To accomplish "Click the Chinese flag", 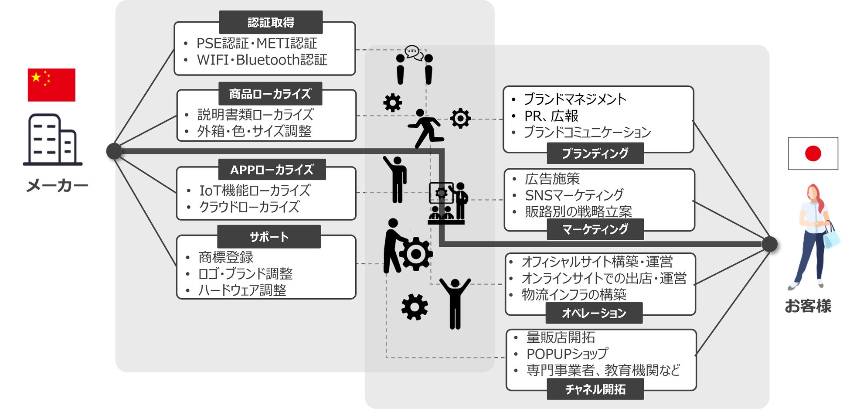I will [51, 85].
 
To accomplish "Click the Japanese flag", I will [813, 153].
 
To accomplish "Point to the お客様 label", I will [808, 306].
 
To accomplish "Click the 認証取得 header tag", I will [271, 22].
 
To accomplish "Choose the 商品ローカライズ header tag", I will [270, 94].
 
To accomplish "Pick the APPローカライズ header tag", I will [272, 170].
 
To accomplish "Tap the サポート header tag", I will [269, 237].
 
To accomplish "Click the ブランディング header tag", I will [595, 153].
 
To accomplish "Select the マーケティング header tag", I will [595, 229].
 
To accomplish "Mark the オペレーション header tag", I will [594, 313].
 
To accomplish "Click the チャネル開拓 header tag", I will [595, 389].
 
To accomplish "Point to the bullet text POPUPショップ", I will [567, 354].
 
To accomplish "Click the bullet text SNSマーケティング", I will [574, 195].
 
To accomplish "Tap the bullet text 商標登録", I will [226, 257].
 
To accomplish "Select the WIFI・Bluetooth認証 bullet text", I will [262, 60].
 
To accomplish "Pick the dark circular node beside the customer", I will [769, 244].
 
